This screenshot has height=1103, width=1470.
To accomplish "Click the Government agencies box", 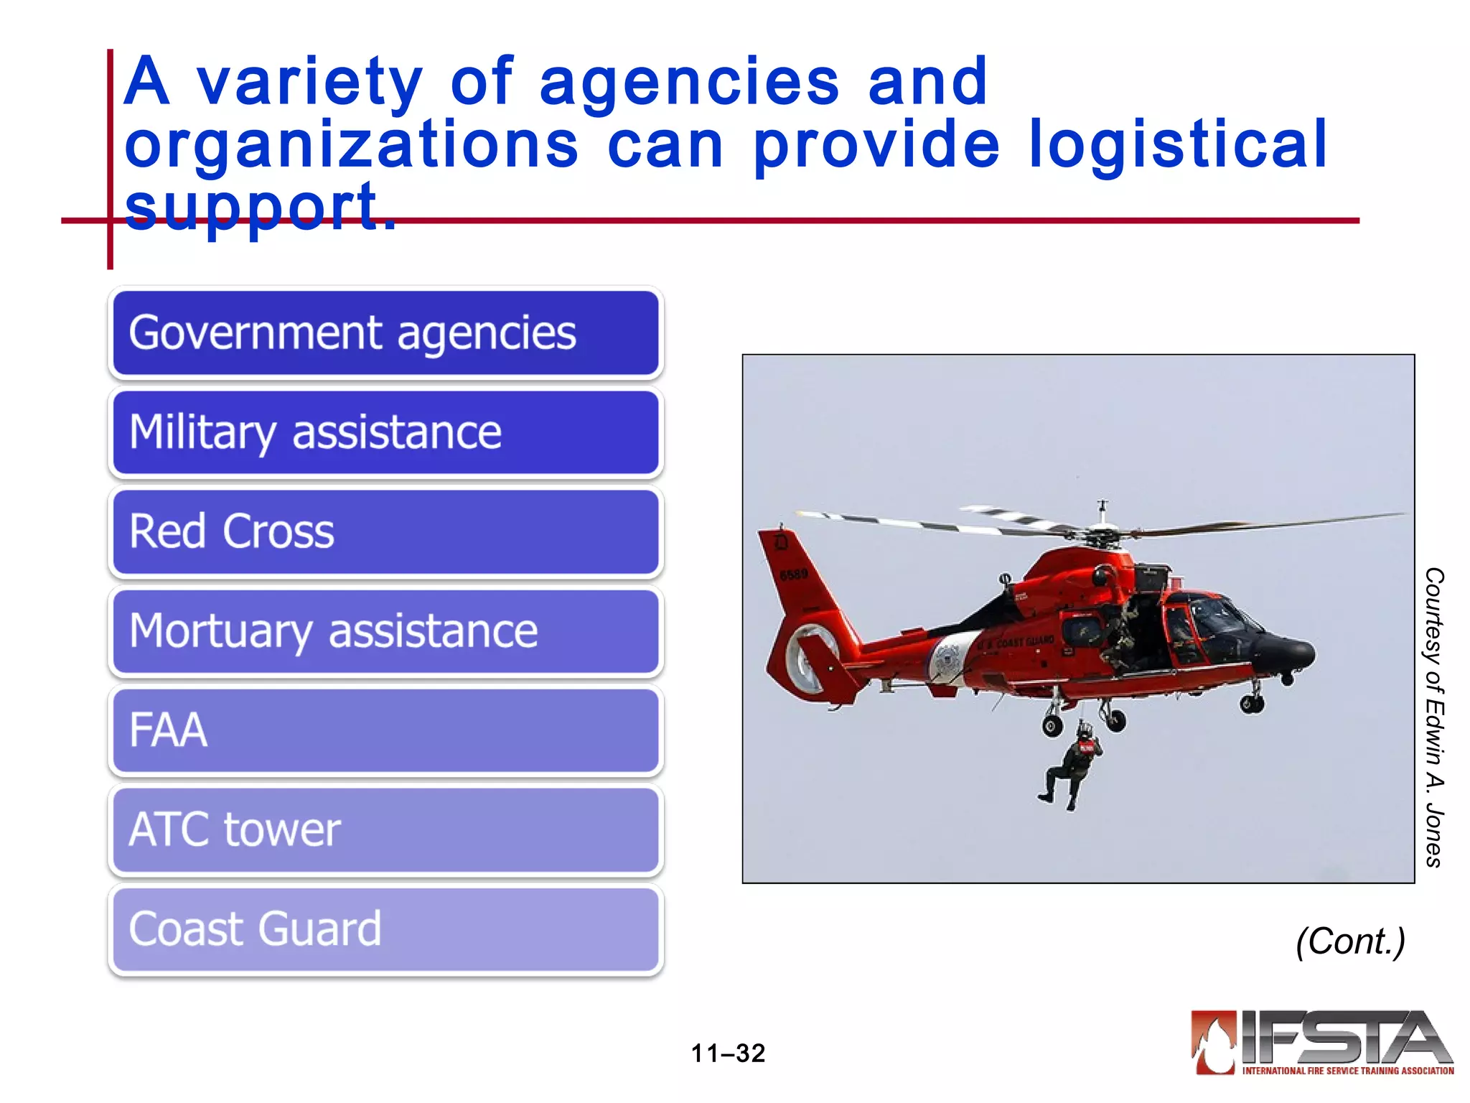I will (385, 333).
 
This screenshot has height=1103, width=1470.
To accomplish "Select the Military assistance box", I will (385, 432).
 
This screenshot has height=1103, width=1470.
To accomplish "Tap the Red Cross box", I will (385, 531).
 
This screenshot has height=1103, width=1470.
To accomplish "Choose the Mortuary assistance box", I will (385, 631).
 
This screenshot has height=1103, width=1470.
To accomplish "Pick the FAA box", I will (385, 730).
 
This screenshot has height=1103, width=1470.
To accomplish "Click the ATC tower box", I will (385, 829).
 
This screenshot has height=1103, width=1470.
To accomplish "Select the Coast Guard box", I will (385, 929).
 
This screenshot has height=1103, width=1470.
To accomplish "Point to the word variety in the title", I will (309, 83).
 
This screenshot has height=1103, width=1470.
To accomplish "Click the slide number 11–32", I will (728, 1053).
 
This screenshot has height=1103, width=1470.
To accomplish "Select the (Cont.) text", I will (1350, 941).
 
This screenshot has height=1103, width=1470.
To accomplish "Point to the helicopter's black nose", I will (1288, 650).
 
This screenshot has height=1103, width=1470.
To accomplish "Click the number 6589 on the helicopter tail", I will (793, 574).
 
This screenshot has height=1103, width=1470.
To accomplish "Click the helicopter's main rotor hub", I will (1102, 535).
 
